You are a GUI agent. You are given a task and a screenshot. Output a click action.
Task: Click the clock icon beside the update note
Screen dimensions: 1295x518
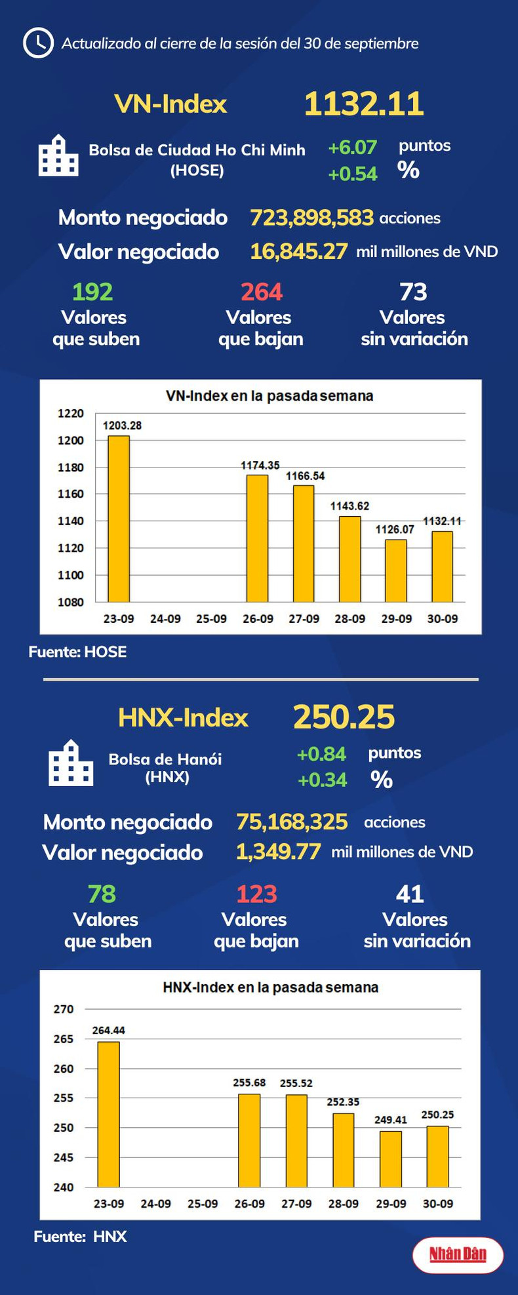(x=38, y=43)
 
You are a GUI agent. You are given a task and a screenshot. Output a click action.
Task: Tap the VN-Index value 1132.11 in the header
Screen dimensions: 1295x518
(x=364, y=104)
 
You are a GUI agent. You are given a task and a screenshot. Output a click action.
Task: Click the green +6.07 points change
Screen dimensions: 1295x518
(x=352, y=148)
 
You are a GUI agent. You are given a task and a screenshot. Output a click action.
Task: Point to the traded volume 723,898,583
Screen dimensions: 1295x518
(x=311, y=218)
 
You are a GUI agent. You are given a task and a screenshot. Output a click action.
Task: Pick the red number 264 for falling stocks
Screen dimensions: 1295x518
(x=261, y=292)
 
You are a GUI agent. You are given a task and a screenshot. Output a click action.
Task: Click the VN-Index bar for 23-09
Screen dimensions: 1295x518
(x=119, y=519)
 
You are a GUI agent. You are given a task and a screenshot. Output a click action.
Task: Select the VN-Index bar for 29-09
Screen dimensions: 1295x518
(x=396, y=570)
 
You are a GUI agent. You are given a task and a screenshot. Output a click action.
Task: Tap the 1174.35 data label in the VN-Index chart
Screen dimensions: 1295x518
(x=260, y=466)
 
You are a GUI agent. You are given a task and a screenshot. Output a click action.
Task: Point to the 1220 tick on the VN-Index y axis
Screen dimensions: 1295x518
(x=71, y=413)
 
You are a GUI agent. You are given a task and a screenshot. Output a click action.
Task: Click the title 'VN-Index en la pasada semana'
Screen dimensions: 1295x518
(x=269, y=396)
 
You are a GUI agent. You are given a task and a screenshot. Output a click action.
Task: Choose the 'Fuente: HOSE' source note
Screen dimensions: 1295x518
(x=77, y=652)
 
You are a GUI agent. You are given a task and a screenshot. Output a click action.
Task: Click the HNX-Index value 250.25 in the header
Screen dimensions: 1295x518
(x=344, y=717)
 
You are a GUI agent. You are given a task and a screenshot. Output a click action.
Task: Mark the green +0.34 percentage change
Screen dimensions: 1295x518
(x=322, y=780)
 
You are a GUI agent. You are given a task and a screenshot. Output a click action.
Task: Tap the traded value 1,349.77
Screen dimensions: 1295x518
(x=278, y=852)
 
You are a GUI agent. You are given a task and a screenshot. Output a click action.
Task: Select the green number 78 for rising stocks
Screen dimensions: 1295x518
(x=102, y=894)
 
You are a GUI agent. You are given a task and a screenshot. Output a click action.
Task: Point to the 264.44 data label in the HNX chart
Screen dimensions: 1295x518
(x=108, y=1030)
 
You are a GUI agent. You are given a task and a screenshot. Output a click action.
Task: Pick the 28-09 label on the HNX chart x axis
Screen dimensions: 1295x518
(x=344, y=1204)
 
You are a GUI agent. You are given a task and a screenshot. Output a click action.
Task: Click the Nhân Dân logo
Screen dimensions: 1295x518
(x=458, y=1255)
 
